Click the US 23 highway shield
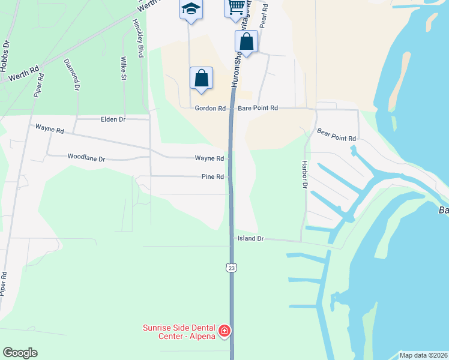pos(232,268)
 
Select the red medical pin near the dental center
pos(224,331)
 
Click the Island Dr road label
pos(250,239)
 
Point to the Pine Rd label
pos(212,177)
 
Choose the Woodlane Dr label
pos(86,159)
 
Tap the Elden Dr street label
pos(113,119)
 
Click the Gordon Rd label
pos(210,109)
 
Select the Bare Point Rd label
pos(258,109)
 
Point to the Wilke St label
pos(123,68)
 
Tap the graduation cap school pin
pos(191,8)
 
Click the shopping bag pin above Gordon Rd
pos(201,78)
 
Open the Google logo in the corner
pos(20,353)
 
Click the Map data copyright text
pos(423,355)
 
